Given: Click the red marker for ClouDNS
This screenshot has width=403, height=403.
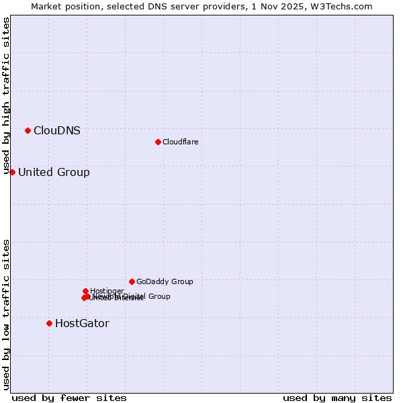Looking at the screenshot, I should pyautogui.click(x=28, y=130).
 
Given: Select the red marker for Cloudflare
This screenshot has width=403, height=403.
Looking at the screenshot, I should pyautogui.click(x=158, y=142).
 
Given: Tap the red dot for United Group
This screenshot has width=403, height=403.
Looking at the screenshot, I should pyautogui.click(x=12, y=173).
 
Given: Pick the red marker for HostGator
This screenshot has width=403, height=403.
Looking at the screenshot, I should pyautogui.click(x=49, y=323).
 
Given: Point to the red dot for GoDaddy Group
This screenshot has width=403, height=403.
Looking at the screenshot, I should pyautogui.click(x=132, y=281).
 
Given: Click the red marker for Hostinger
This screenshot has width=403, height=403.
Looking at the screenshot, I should pyautogui.click(x=85, y=291).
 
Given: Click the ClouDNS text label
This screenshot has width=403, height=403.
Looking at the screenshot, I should pyautogui.click(x=57, y=131).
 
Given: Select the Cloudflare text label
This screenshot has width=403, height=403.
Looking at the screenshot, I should pyautogui.click(x=180, y=142).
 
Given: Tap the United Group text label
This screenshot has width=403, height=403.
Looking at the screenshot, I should pyautogui.click(x=54, y=173).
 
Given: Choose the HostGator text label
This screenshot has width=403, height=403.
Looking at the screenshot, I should pyautogui.click(x=82, y=324).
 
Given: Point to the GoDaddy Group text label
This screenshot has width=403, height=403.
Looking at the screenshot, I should pyautogui.click(x=165, y=282).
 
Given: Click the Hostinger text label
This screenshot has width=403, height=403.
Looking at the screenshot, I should pyautogui.click(x=107, y=291).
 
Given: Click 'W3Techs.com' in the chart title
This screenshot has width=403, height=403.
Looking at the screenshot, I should pyautogui.click(x=345, y=7).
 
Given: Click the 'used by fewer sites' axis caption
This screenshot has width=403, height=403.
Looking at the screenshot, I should pyautogui.click(x=69, y=398).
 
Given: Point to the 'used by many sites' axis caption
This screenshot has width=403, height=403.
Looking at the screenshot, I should pyautogui.click(x=337, y=398).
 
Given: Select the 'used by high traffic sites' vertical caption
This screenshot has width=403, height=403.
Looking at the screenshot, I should pyautogui.click(x=7, y=95).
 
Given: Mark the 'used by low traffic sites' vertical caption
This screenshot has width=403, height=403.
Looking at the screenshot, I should pyautogui.click(x=7, y=314).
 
